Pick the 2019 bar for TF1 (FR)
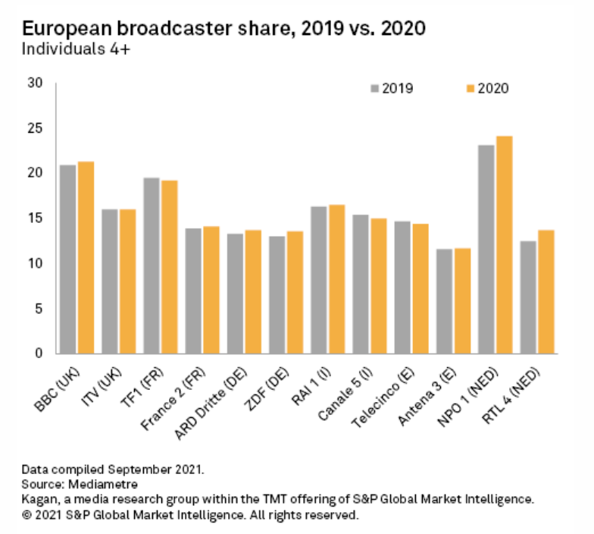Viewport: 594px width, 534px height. [152, 265]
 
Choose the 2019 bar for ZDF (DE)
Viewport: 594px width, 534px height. [277, 295]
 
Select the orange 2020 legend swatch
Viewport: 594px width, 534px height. [470, 89]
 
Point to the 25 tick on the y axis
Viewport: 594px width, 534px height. [38, 128]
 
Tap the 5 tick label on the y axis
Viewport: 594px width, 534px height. [41, 309]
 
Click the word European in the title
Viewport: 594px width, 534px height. [67, 29]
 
